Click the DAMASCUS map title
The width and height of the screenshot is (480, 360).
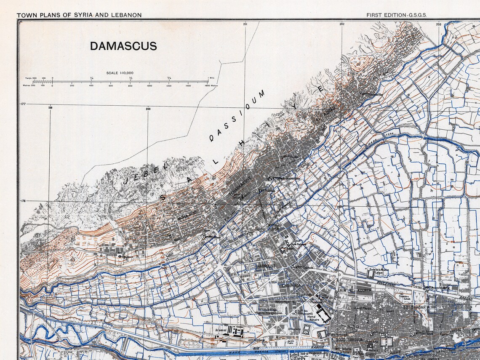[x=123, y=46]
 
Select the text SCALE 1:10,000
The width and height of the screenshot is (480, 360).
[x=120, y=73]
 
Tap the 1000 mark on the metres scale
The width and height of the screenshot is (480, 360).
[x=149, y=85]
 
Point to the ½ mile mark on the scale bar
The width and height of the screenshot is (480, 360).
[x=131, y=78]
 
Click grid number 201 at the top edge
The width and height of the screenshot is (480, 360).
[x=245, y=24]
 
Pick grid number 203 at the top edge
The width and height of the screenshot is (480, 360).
[x=439, y=24]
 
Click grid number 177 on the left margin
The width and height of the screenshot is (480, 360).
[x=23, y=104]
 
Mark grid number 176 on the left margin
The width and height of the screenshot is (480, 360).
[x=23, y=201]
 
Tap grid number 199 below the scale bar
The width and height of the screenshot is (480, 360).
[x=50, y=109]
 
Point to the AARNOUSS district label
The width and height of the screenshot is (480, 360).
[x=266, y=266]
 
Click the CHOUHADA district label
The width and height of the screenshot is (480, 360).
[x=291, y=285]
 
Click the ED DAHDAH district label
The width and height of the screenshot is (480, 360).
[x=415, y=307]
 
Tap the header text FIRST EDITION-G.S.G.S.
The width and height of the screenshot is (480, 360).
[x=396, y=15]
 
